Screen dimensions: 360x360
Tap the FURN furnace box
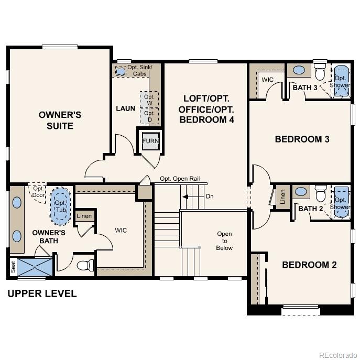pyautogui.click(x=150, y=140)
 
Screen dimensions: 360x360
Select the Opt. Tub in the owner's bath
pyautogui.click(x=61, y=202)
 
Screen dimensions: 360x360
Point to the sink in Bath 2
pyautogui.click(x=301, y=192)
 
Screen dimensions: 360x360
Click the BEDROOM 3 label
pyautogui.click(x=302, y=139)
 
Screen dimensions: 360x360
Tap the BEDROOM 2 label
pyautogui.click(x=309, y=265)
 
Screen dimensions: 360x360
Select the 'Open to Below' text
pyautogui.click(x=224, y=241)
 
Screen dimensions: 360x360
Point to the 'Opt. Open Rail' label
pyautogui.click(x=180, y=179)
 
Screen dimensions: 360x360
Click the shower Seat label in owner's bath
pyautogui.click(x=13, y=267)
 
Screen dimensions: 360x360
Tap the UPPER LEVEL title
pyautogui.click(x=42, y=293)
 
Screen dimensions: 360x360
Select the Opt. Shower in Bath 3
pyautogui.click(x=341, y=82)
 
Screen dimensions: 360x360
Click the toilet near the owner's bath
pyautogui.click(x=84, y=265)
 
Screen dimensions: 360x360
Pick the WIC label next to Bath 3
pyautogui.click(x=267, y=80)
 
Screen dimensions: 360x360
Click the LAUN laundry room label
pyautogui.click(x=125, y=108)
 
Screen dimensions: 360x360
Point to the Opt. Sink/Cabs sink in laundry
pyautogui.click(x=121, y=70)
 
